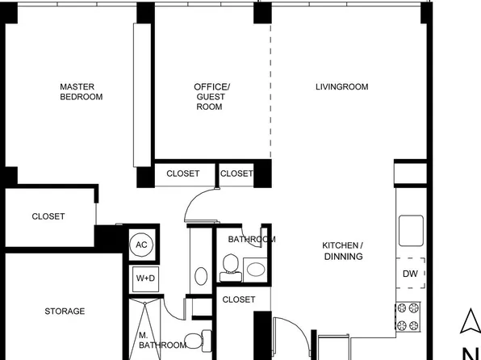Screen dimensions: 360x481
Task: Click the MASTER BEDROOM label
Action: [82, 91]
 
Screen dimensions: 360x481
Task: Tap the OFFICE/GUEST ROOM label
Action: [211, 96]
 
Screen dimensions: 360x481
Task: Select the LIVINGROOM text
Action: [341, 86]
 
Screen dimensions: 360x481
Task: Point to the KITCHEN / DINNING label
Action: [343, 251]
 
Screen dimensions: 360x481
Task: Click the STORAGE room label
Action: [65, 311]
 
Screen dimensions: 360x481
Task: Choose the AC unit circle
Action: [141, 245]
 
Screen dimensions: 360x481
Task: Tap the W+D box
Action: [145, 278]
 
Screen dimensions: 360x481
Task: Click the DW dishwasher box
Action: [410, 274]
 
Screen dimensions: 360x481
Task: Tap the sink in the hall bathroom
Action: [256, 270]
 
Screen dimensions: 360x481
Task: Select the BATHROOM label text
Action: [251, 240]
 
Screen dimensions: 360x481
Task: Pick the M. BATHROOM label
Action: [161, 340]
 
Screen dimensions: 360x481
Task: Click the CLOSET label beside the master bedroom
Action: [48, 216]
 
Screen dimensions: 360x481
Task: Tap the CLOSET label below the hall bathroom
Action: [239, 299]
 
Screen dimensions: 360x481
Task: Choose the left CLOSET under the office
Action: [182, 174]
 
